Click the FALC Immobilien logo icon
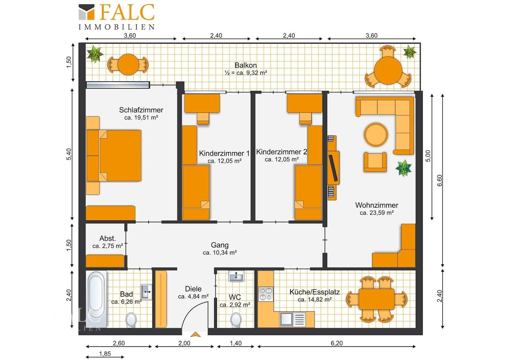click(86, 12)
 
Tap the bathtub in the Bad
click(96, 299)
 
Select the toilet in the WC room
click(236, 320)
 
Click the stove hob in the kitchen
click(265, 294)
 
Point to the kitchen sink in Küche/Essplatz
click(292, 319)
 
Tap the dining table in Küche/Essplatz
click(376, 299)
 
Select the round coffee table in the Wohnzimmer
click(376, 134)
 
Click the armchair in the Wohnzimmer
click(375, 162)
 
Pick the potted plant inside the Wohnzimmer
click(403, 168)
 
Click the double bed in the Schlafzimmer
click(114, 156)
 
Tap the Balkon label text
click(246, 65)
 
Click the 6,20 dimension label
click(336, 343)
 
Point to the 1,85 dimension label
click(105, 354)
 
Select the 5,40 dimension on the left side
click(69, 154)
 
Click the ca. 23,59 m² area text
click(376, 213)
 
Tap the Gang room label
click(220, 245)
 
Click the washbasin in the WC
click(236, 276)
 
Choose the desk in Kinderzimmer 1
click(202, 103)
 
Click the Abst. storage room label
click(108, 238)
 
